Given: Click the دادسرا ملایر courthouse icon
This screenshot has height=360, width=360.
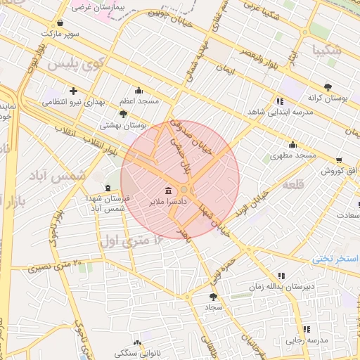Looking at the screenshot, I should point(168,191).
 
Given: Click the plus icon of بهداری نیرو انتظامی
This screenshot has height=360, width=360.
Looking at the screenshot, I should point(74,91).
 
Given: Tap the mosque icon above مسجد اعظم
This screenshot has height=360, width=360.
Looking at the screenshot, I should point(138,90).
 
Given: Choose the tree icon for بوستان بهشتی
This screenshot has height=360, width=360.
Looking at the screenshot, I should point(124,113).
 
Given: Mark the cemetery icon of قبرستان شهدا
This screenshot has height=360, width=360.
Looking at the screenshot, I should point(107,188).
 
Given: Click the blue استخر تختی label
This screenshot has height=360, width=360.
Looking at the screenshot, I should point(335,259).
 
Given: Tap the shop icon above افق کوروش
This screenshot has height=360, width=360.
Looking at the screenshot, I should point(339,160).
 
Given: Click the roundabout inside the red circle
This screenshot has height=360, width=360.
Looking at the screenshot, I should point(184,189).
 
